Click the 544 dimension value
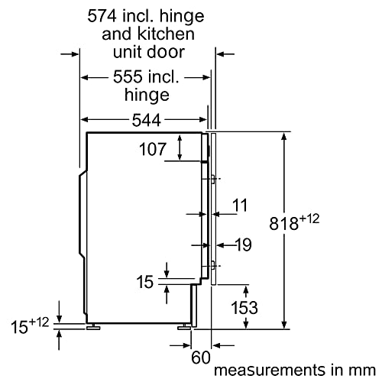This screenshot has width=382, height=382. click(147, 120)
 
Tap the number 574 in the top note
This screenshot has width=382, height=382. click(102, 16)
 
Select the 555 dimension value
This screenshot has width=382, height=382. click(128, 76)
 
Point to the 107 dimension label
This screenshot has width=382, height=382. click(153, 149)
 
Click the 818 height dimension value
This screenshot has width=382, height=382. click(283, 223)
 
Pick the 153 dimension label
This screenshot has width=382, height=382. click(244, 307)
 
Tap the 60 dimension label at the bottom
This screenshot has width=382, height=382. click(201, 358)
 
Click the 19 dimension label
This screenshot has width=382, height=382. click(244, 244)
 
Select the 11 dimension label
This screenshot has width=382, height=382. click(240, 205)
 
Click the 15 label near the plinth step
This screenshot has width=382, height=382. click(145, 282)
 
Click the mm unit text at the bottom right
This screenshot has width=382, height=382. click(364, 371)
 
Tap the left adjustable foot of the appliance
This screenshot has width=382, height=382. click(93, 326)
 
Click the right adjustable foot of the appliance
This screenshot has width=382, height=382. click(184, 326)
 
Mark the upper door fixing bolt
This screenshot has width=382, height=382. click(212, 179)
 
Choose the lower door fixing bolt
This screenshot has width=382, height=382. click(212, 266)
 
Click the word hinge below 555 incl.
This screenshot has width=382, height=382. click(147, 95)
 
